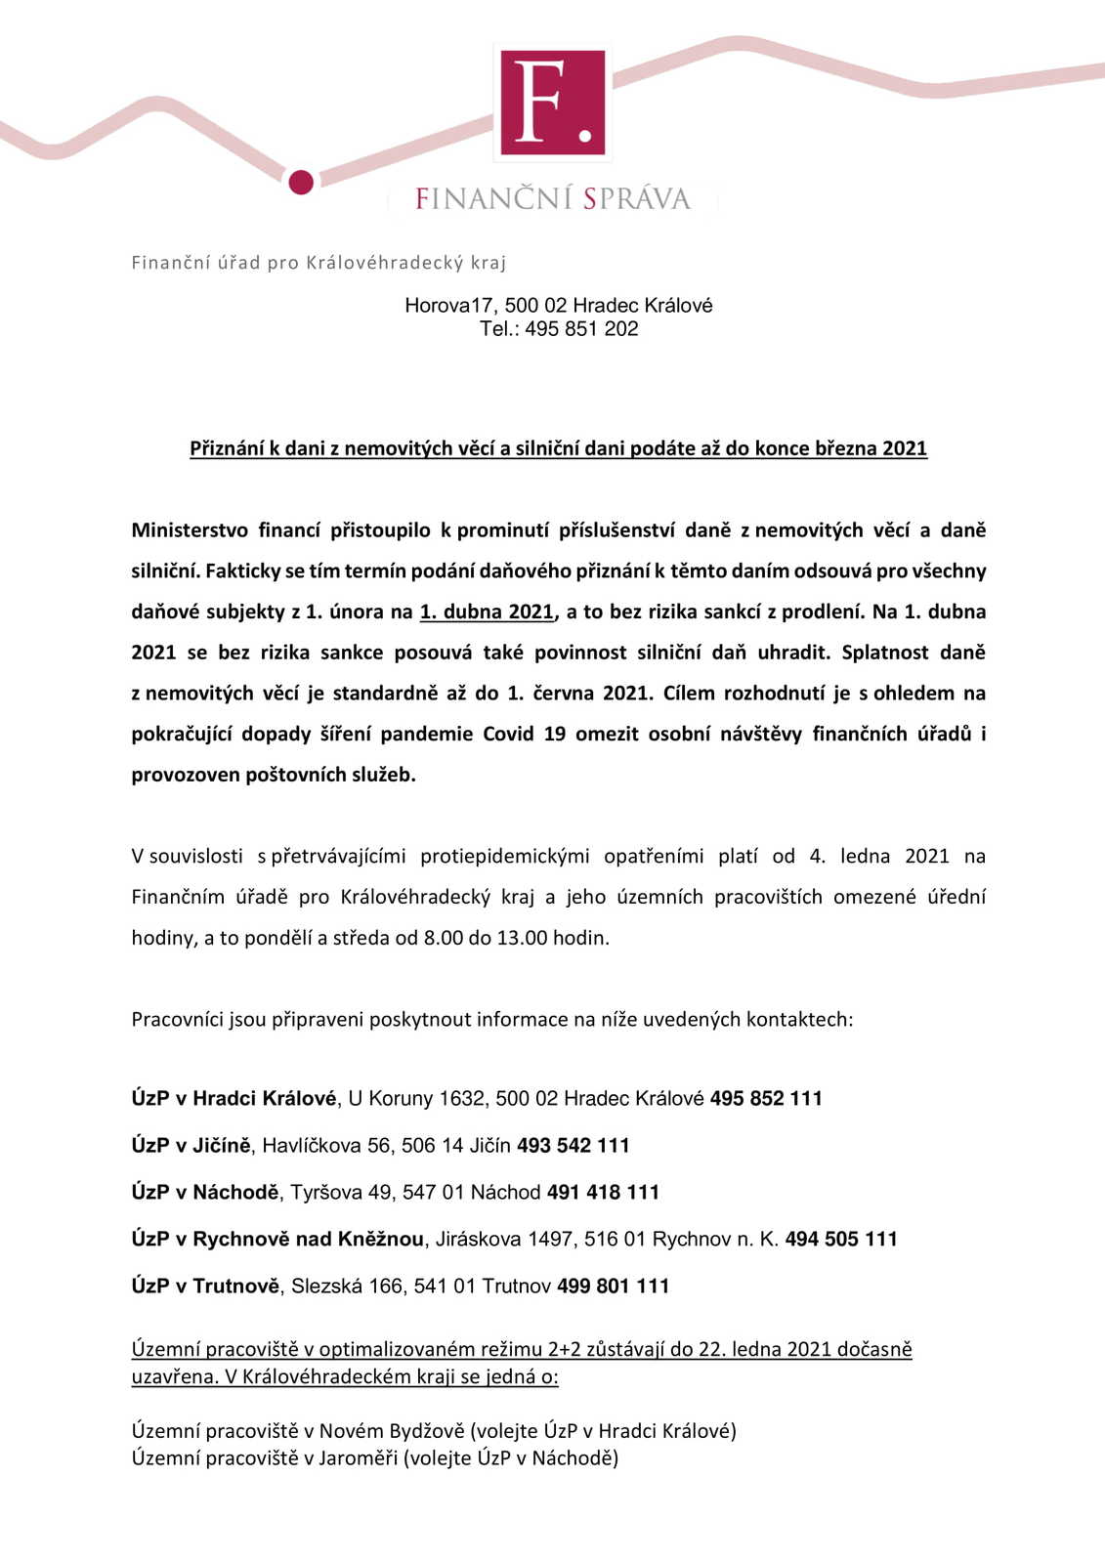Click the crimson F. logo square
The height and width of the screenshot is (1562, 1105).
tap(553, 103)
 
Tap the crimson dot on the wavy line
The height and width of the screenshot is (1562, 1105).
tap(301, 182)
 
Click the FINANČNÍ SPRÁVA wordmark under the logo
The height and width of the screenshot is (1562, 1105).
tap(553, 199)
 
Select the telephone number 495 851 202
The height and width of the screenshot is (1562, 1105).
tap(581, 329)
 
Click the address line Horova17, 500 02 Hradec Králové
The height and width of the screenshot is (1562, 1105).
tap(558, 306)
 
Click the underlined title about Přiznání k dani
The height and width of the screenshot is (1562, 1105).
tap(558, 448)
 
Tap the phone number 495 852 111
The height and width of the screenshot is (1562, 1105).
tap(766, 1099)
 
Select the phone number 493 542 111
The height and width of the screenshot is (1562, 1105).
tap(574, 1146)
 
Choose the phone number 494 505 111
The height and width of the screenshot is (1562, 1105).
tap(841, 1240)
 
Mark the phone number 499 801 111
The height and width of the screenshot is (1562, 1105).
tap(614, 1287)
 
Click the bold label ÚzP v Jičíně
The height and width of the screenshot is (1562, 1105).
tap(191, 1146)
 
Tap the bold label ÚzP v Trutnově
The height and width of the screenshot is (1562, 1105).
tap(205, 1287)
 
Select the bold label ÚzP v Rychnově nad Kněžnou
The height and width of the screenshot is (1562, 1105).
tap(277, 1240)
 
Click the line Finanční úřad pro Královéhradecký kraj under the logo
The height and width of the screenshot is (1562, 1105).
tap(319, 263)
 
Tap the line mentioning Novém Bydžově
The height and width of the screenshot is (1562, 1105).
tap(434, 1431)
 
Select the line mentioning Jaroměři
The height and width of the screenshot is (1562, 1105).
tap(375, 1458)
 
